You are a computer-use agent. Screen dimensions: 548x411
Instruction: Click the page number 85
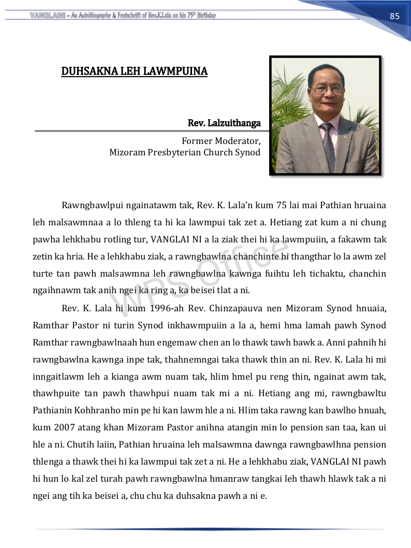click(394, 16)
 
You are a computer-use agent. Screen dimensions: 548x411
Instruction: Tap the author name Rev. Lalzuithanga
click(224, 123)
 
